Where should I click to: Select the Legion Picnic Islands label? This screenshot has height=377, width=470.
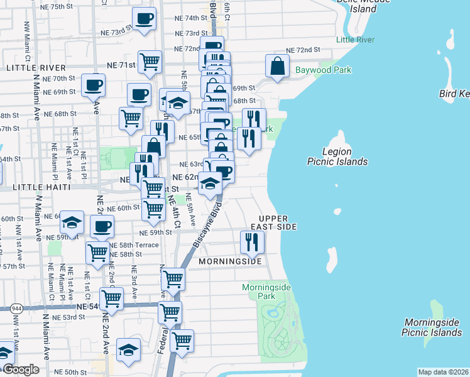coord(337,156)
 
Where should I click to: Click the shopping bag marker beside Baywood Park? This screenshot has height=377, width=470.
coord(277,65)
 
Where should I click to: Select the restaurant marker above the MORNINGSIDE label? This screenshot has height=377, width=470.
coord(252,241)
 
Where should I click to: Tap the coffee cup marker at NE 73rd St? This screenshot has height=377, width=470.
coord(145,19)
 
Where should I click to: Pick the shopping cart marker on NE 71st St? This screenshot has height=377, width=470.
coord(150,61)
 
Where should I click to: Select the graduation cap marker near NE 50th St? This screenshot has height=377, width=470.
coord(128,349)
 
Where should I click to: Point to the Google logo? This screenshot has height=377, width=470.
coord(20,369)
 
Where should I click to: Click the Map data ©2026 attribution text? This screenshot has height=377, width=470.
coord(442,372)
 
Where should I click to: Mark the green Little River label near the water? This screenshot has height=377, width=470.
coord(355,40)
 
